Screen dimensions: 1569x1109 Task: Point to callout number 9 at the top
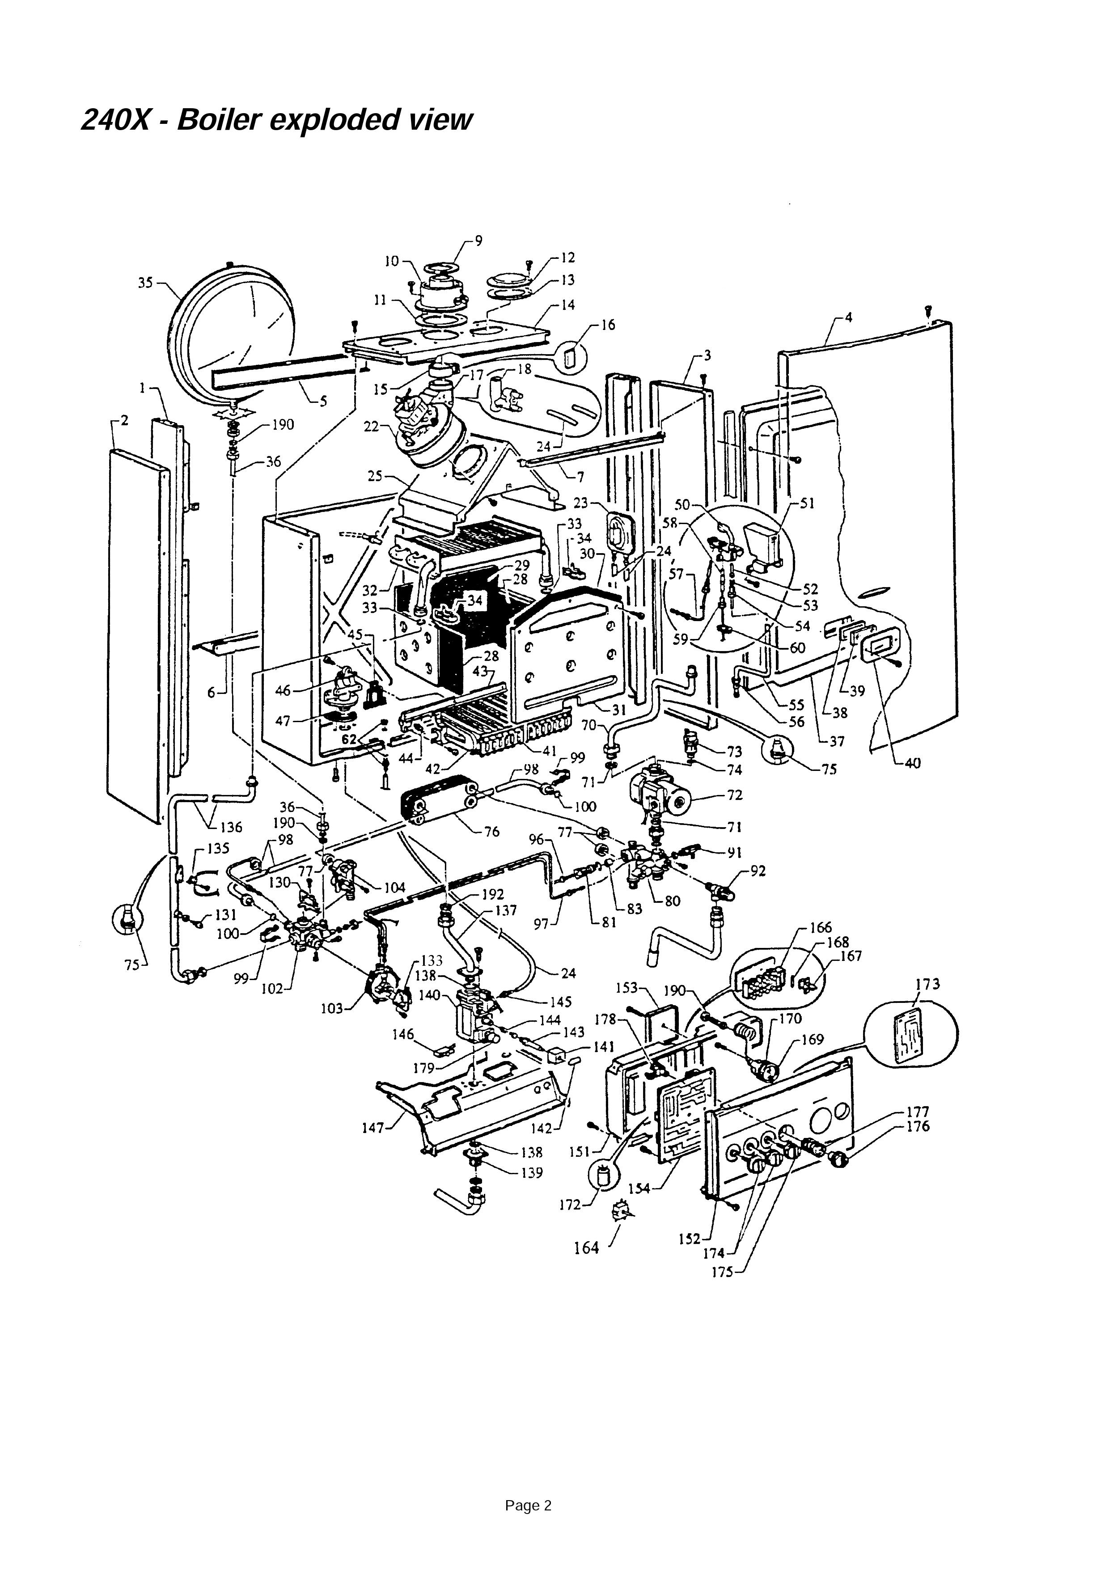478,241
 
